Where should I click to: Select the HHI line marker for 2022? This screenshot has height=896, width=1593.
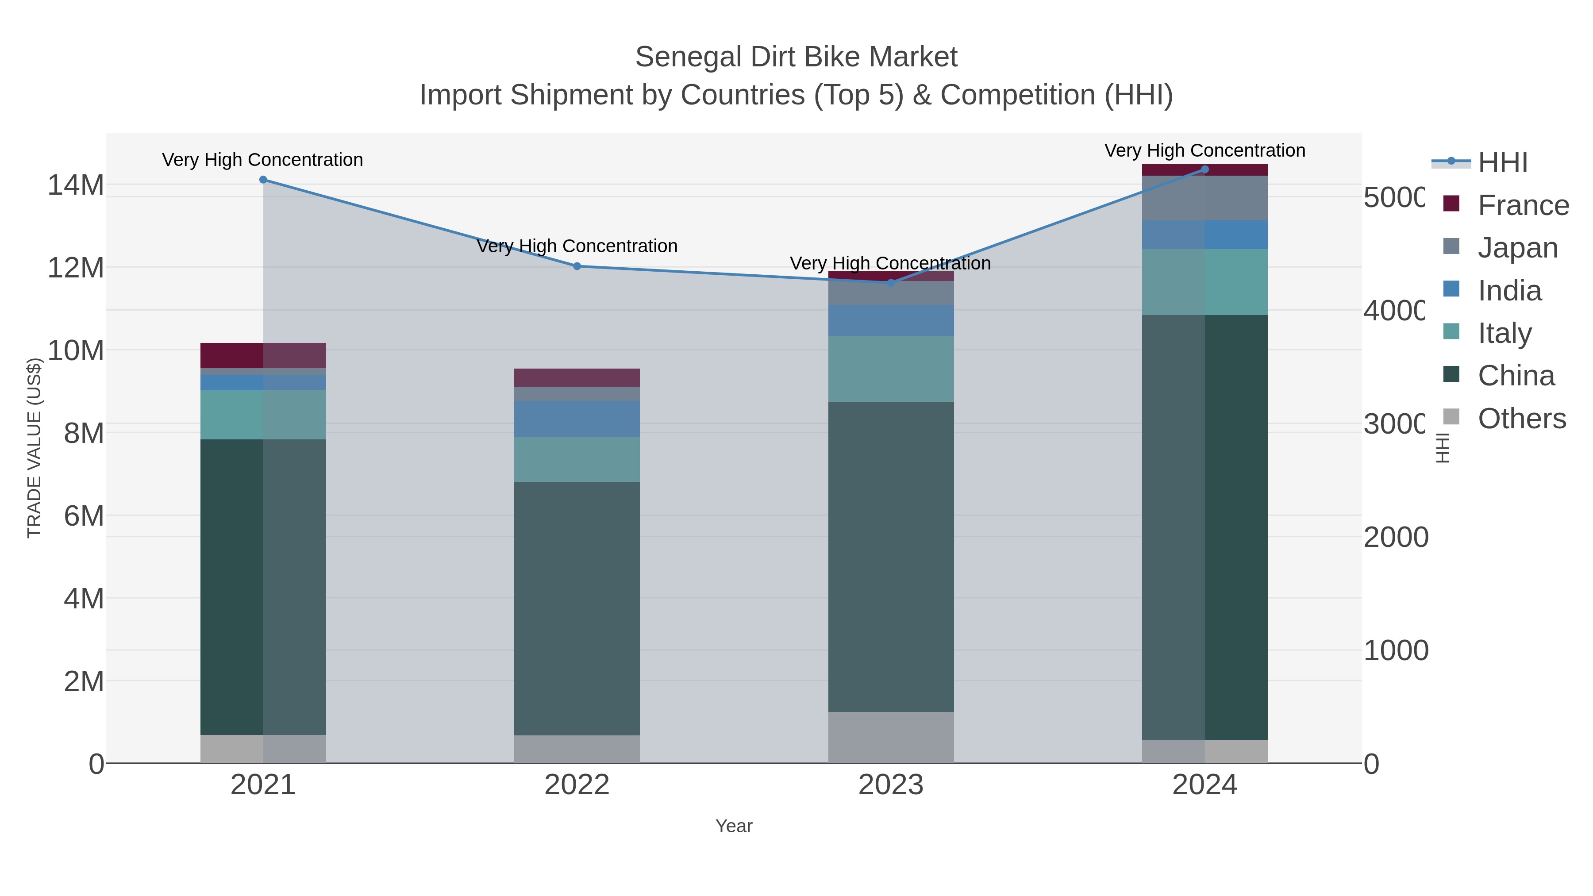577,266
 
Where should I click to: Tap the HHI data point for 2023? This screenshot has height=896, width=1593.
890,283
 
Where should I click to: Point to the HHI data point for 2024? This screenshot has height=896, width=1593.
1204,169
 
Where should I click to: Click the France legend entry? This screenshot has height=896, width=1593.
1523,205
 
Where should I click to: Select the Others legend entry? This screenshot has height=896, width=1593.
1521,419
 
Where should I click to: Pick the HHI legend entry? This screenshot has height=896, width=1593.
1502,163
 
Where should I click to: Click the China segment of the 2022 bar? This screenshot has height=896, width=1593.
577,608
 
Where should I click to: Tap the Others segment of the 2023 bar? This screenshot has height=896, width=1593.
890,737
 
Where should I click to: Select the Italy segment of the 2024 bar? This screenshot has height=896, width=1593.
1204,282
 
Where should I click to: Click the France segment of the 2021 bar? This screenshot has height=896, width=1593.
263,356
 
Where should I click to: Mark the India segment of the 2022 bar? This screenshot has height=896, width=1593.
577,419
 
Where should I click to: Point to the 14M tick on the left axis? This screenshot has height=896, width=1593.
75,185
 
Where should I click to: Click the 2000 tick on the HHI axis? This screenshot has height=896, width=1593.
1396,537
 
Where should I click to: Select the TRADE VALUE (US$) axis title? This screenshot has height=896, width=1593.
35,448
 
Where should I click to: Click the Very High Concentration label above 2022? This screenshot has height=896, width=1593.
577,246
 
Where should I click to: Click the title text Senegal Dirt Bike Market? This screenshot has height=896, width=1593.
796,58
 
